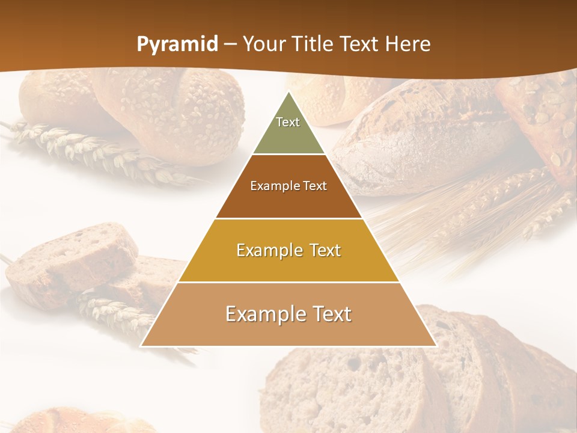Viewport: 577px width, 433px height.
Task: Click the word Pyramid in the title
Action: [177, 45]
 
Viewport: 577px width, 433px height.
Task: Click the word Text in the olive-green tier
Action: [288, 122]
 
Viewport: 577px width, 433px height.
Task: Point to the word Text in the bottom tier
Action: [328, 314]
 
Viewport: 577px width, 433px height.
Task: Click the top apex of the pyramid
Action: [289, 94]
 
